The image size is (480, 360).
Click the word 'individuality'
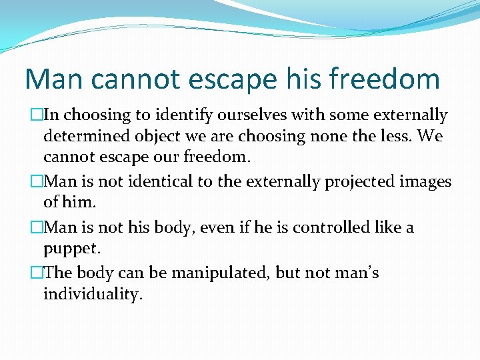coord(93,295)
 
